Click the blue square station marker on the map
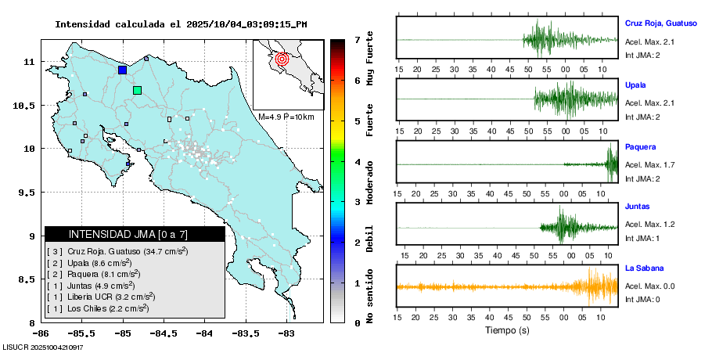pos(122,70)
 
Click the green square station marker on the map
pos(137,90)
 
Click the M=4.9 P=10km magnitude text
pos(286,117)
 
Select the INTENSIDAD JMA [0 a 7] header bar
pos(135,234)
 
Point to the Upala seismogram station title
pos(635,85)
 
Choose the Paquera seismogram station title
pos(640,146)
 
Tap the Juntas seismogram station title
pos(637,207)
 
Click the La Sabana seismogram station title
pos(645,268)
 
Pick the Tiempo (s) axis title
pos(506,330)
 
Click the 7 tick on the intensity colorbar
pos(357,39)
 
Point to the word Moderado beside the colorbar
pos(370,182)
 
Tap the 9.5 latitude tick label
pos(30,193)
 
